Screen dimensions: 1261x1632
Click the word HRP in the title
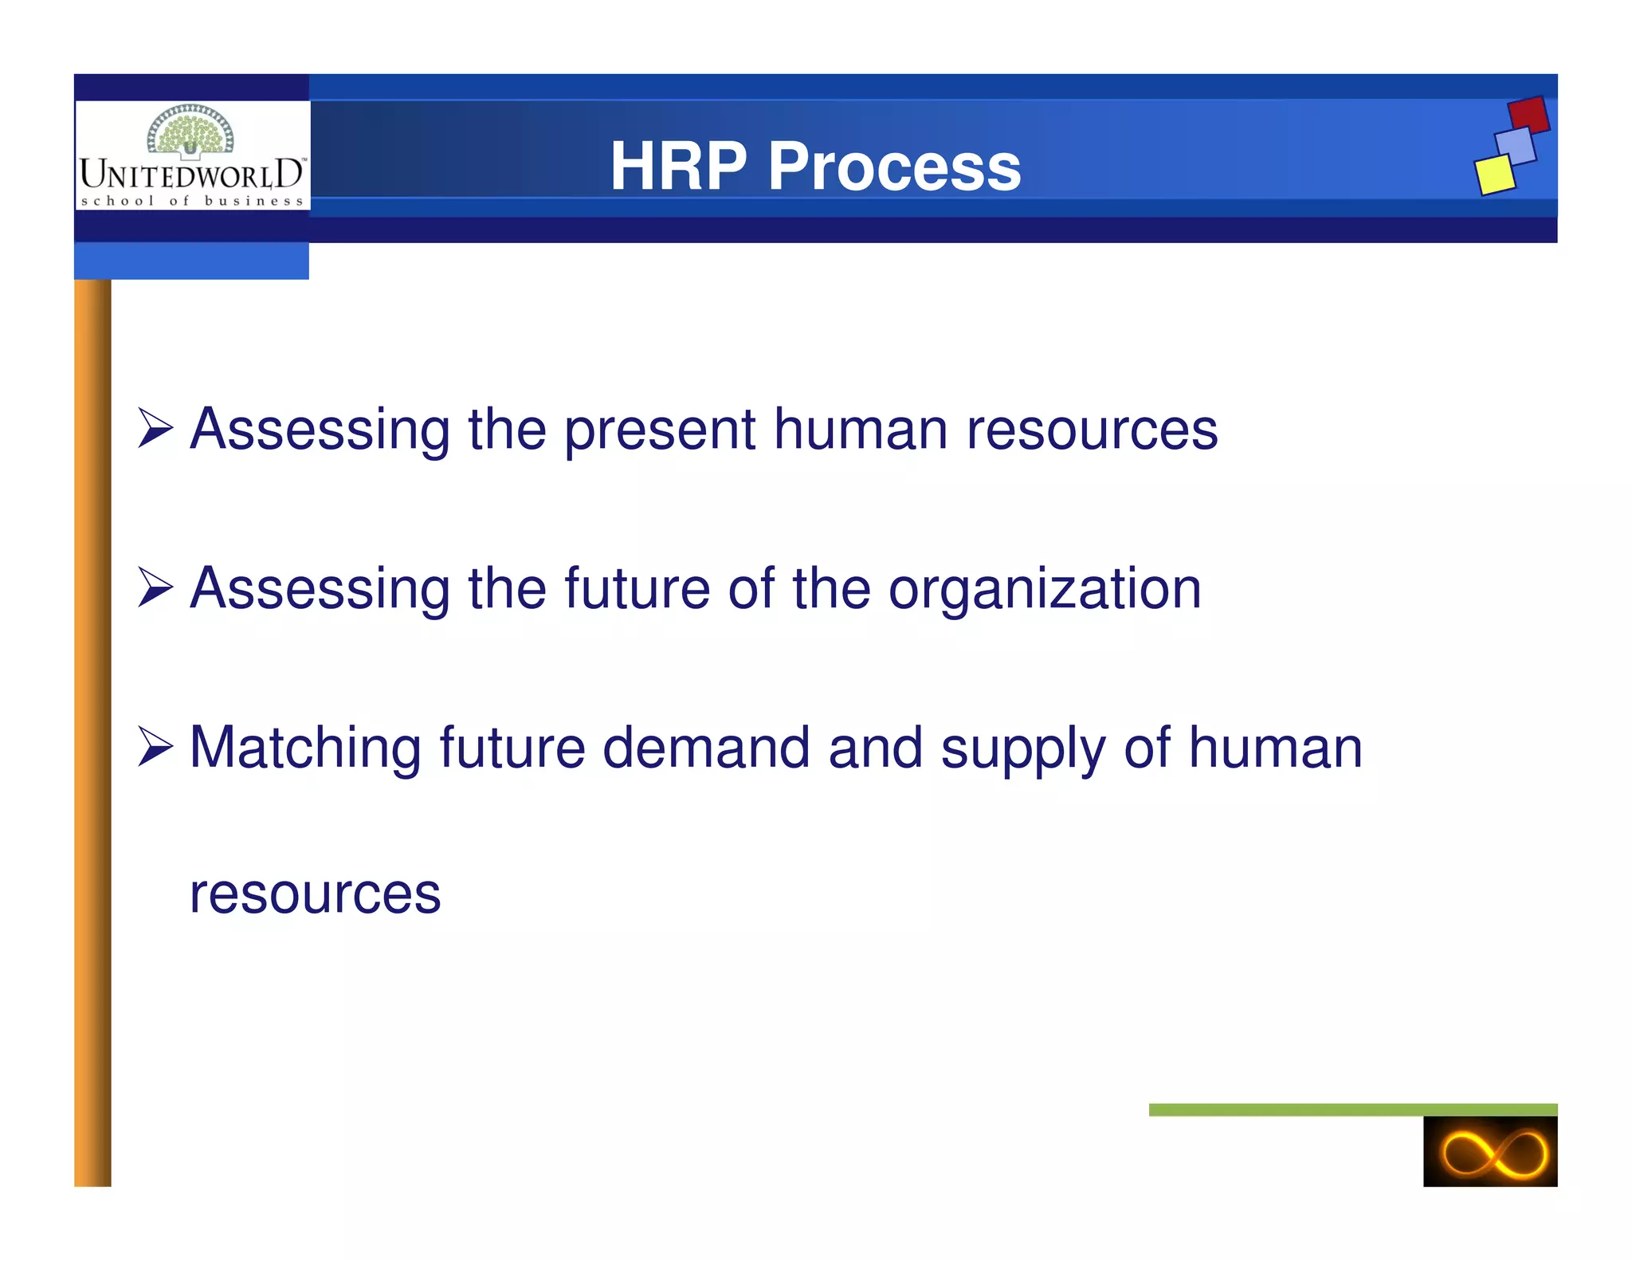click(678, 167)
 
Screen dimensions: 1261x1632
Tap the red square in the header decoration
click(1528, 115)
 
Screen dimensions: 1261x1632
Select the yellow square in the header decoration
click(1494, 175)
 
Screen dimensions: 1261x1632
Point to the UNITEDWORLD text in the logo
click(191, 174)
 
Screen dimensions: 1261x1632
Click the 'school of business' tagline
click(192, 201)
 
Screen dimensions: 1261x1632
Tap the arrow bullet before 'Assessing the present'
click(155, 428)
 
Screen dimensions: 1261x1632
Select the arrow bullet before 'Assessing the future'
click(155, 587)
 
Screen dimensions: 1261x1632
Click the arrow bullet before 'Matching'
click(155, 747)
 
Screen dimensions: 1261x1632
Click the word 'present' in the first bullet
click(660, 430)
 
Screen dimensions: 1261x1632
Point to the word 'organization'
click(1044, 590)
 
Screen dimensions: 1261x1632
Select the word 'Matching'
click(305, 749)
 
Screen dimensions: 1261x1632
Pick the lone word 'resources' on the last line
click(315, 894)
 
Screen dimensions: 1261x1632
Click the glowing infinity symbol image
click(1489, 1152)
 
